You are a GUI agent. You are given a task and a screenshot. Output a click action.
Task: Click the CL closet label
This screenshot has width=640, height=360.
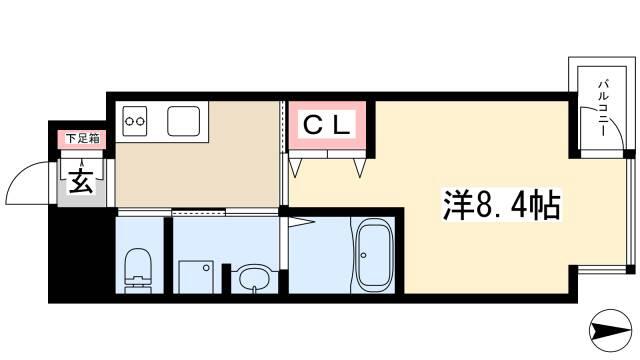pyautogui.click(x=327, y=125)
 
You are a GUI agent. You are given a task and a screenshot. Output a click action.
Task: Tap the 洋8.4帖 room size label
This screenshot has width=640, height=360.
pyautogui.click(x=502, y=205)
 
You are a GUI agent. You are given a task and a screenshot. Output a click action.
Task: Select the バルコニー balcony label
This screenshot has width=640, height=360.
pyautogui.click(x=603, y=108)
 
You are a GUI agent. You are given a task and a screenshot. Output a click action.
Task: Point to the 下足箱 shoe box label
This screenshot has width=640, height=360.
pyautogui.click(x=82, y=138)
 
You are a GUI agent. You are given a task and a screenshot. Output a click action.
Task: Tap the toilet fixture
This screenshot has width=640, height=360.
pyautogui.click(x=138, y=270)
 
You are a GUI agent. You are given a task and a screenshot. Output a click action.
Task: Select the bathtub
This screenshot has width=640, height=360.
pyautogui.click(x=374, y=258)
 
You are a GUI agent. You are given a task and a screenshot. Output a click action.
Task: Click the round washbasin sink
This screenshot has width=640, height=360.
pyautogui.click(x=253, y=279)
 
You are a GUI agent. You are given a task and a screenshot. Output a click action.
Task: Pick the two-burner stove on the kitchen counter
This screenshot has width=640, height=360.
pyautogui.click(x=135, y=121)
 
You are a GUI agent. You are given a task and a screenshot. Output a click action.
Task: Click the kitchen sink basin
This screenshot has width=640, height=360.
pyautogui.click(x=184, y=121)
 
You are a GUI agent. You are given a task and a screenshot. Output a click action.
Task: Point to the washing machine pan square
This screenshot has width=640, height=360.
pyautogui.click(x=196, y=277)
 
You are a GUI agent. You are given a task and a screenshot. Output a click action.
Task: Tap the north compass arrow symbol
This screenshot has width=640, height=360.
pyautogui.click(x=611, y=330)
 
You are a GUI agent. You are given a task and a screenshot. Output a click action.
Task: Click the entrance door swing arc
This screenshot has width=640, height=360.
pyautogui.click(x=24, y=171)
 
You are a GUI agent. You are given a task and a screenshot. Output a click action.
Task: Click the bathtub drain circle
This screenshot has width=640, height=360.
pyautogui.click(x=363, y=256)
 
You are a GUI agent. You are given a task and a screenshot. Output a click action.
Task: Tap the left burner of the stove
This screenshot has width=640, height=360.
pyautogui.click(x=129, y=121)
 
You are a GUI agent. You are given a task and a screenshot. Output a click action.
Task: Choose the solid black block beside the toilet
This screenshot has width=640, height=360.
pyautogui.click(x=82, y=253)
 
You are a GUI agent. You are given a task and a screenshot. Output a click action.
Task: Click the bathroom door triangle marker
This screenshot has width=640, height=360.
pyautogui.click(x=301, y=222)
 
